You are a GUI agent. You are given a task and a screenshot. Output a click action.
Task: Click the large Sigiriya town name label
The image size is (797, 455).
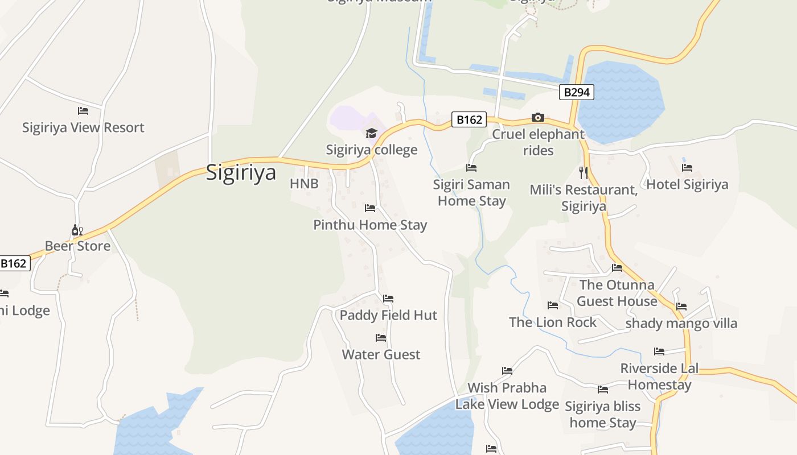(241, 172)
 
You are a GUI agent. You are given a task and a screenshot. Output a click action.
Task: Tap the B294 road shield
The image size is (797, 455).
(576, 92)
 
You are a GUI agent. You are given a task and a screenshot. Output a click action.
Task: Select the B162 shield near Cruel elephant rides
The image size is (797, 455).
(470, 119)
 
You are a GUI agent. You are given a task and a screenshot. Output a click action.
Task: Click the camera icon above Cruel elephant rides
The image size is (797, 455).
(537, 118)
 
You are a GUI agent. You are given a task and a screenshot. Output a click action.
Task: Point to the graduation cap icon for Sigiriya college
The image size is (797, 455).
(371, 133)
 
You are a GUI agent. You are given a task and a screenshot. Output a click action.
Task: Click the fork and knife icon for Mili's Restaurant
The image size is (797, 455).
(583, 172)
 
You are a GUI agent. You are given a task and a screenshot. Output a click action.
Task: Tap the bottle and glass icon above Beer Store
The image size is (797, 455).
(77, 230)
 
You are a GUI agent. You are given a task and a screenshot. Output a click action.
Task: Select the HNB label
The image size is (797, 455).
(304, 184)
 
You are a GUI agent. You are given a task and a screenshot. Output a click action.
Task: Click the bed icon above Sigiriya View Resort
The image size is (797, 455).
(83, 110)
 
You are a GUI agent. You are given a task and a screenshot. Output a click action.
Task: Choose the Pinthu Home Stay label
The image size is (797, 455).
(370, 225)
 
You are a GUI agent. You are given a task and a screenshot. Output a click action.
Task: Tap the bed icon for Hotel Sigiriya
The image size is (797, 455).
(687, 168)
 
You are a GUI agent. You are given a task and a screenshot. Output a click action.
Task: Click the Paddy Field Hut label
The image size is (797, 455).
(388, 315)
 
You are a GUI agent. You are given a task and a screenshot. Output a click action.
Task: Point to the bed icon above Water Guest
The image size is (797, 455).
(381, 338)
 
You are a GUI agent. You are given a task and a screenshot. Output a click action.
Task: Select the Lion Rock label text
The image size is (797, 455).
(552, 322)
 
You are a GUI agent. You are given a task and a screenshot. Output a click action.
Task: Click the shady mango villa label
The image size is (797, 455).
(681, 323)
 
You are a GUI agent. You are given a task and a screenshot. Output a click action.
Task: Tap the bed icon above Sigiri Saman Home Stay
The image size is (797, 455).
(471, 168)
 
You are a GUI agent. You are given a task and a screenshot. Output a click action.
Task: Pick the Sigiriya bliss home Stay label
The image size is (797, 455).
(602, 414)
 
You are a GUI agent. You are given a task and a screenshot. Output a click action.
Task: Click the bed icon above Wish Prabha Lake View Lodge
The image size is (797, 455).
(507, 371)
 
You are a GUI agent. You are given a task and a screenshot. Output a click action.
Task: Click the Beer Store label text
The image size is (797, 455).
(77, 246)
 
